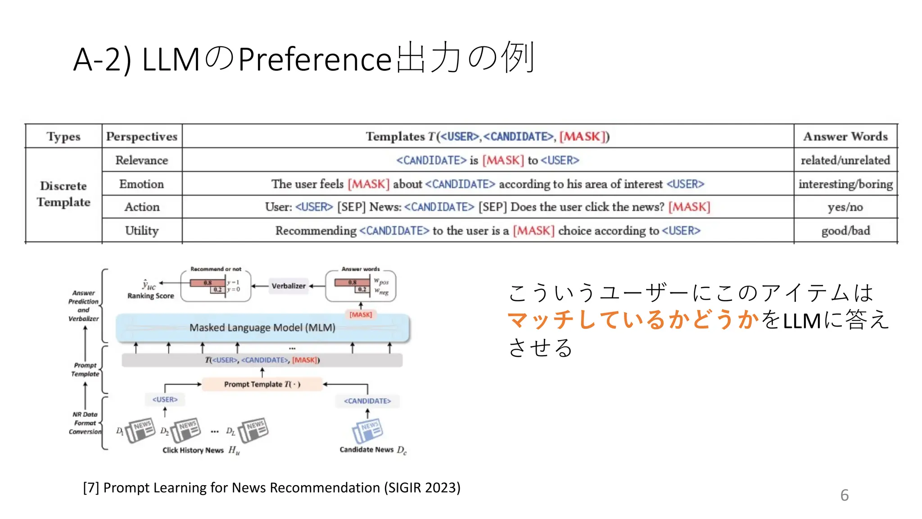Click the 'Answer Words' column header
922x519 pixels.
pos(845,136)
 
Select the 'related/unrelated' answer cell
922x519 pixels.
pos(845,160)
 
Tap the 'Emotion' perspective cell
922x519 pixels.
pos(141,184)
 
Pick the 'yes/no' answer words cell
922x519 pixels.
pos(845,207)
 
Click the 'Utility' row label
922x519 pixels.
pos(141,231)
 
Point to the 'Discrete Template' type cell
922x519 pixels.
pos(63,194)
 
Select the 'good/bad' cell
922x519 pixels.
pos(845,231)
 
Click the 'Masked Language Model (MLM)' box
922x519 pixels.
pos(262,328)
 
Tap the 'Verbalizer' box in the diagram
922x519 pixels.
pos(288,286)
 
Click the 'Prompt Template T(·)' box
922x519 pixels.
pos(262,384)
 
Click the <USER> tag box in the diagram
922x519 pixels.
pos(165,400)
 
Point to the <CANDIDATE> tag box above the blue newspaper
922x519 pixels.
pos(367,401)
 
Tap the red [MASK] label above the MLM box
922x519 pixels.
pos(361,314)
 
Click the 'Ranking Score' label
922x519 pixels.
pos(150,296)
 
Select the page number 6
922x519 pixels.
pos(844,495)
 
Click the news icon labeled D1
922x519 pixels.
pos(140,430)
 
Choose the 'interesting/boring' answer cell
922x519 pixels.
pos(845,184)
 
